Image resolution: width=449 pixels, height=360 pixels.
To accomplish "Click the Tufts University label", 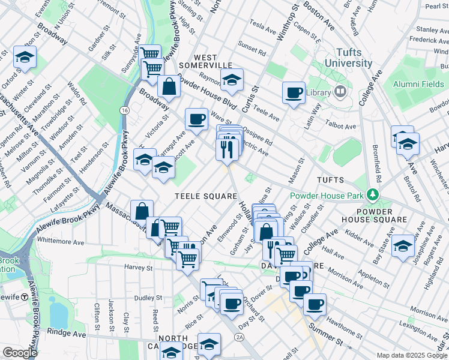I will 349,58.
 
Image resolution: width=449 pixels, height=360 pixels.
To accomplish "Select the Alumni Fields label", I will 418,85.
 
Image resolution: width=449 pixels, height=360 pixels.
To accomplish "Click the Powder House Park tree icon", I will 373,195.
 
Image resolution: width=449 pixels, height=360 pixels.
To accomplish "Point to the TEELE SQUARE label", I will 199,196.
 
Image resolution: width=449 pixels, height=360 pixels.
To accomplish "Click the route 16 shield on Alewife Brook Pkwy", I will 124,110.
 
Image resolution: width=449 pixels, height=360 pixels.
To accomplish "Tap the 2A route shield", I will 239,338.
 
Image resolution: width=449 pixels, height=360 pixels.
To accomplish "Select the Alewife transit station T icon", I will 25,296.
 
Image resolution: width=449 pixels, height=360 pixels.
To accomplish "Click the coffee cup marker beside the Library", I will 294,92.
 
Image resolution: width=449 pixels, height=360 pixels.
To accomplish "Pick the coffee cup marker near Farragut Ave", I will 196,119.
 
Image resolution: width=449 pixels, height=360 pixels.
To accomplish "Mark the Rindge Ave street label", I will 70,332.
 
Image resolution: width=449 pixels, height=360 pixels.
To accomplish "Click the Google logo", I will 19,353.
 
